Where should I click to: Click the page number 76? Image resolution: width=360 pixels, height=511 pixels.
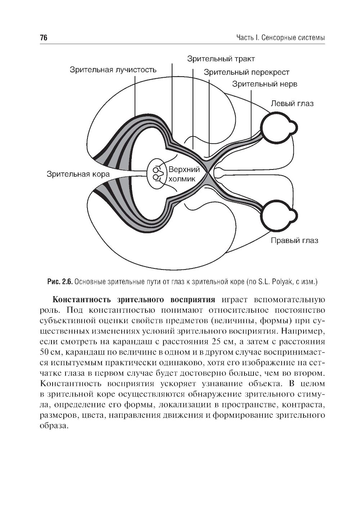click(x=44, y=38)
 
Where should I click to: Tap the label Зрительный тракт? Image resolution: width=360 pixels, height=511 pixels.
click(x=221, y=59)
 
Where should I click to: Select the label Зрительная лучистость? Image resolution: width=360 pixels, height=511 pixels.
click(x=113, y=69)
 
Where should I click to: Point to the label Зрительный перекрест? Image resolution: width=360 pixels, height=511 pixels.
click(x=246, y=72)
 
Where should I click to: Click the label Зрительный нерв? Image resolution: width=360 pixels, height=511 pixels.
click(x=264, y=84)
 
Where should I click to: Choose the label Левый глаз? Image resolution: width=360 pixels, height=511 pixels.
click(x=292, y=104)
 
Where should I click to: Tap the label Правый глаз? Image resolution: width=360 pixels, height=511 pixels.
click(x=294, y=240)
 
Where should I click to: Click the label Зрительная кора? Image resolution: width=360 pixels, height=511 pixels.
click(x=78, y=175)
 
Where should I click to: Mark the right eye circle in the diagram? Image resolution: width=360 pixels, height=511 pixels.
click(x=275, y=217)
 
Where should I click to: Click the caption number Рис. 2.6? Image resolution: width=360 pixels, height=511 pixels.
click(x=60, y=281)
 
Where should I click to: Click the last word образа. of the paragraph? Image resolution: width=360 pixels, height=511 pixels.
click(x=53, y=425)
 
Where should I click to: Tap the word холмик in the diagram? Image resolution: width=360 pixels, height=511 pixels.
click(x=183, y=179)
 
